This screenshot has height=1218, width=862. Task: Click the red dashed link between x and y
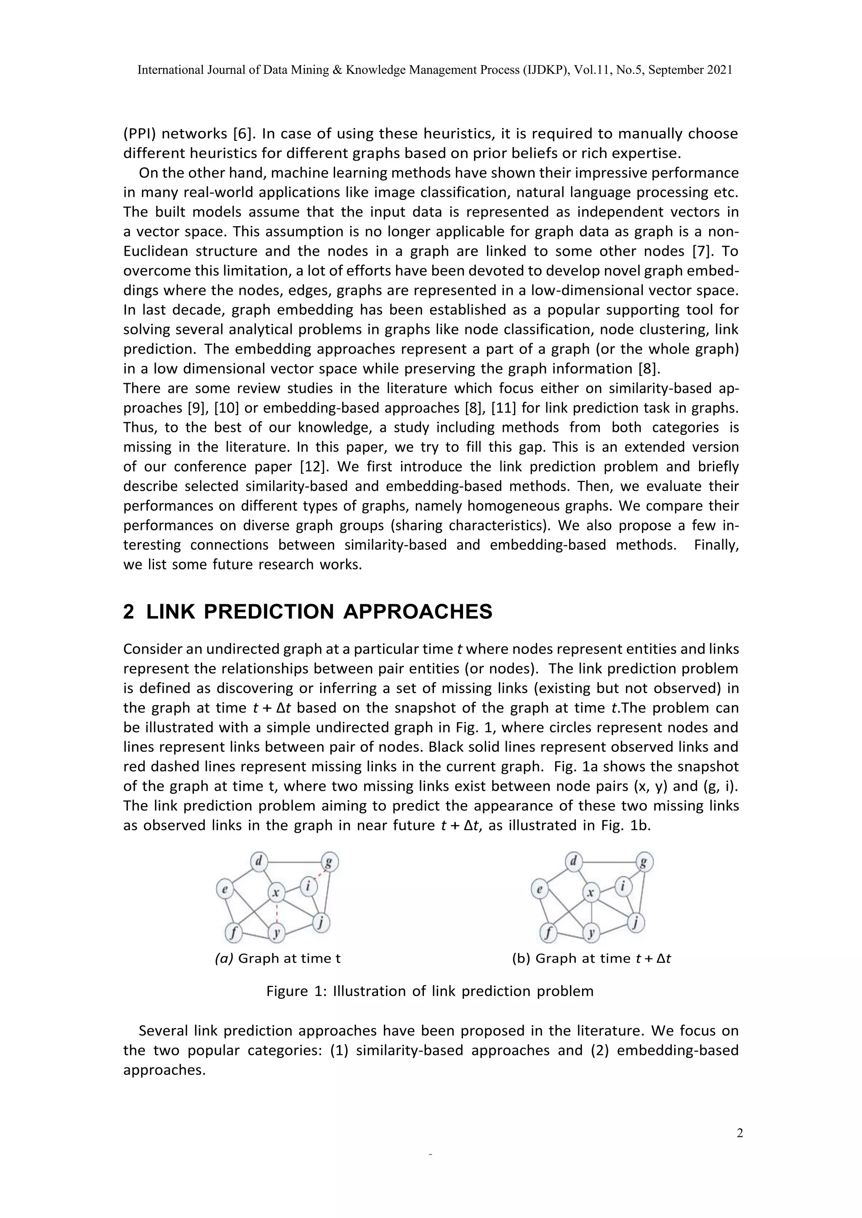(x=276, y=912)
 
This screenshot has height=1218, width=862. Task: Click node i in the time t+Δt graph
(x=623, y=885)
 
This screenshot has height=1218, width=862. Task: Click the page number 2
(x=740, y=1133)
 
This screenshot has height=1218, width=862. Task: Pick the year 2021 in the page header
(x=719, y=70)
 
